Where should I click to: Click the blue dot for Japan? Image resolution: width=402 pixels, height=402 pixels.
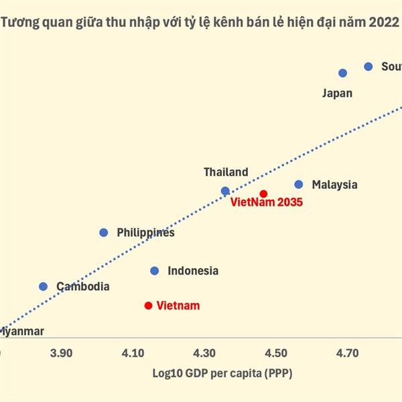click(x=343, y=73)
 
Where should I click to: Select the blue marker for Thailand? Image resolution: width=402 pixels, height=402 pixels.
click(x=225, y=191)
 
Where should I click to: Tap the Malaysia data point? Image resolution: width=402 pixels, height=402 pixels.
click(x=299, y=184)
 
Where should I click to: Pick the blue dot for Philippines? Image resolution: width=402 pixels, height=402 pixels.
click(x=104, y=232)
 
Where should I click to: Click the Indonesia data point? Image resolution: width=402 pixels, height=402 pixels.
click(x=155, y=271)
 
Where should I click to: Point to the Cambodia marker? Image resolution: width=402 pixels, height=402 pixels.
click(x=44, y=286)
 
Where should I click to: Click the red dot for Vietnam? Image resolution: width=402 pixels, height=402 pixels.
click(x=148, y=306)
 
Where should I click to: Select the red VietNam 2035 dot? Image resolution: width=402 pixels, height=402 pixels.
click(x=263, y=194)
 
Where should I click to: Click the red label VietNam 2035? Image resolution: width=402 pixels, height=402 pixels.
click(x=267, y=202)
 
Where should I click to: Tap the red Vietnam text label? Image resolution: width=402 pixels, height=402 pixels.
click(x=178, y=306)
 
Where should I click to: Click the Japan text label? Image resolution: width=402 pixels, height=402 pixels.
click(x=337, y=94)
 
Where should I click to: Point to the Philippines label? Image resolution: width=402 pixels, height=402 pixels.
click(x=145, y=232)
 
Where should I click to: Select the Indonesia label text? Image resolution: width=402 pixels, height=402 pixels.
click(x=193, y=271)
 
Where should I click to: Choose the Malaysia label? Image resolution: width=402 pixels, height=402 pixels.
click(x=334, y=185)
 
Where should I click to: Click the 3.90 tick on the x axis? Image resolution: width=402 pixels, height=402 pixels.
click(x=62, y=352)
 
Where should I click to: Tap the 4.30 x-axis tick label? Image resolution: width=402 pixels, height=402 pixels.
click(x=204, y=352)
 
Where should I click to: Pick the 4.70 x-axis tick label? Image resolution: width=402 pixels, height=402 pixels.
click(x=348, y=352)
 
